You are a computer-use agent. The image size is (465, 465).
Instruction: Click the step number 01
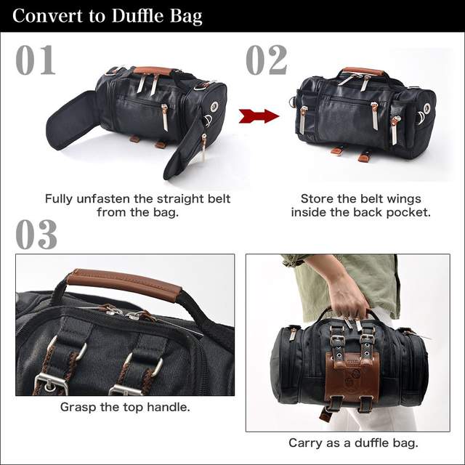point(36,60)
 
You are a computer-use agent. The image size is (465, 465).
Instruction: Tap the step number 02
point(267,60)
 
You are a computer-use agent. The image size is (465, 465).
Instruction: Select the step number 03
point(36,234)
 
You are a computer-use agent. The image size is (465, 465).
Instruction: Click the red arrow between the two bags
point(259,116)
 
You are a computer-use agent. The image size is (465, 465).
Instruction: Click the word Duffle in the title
point(138,16)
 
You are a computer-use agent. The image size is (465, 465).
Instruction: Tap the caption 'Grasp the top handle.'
point(125,407)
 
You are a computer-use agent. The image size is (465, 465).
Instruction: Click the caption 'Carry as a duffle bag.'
point(353,442)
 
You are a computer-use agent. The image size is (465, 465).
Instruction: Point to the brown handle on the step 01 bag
point(153,71)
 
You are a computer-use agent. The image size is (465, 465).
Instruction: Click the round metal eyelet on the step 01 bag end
point(214,106)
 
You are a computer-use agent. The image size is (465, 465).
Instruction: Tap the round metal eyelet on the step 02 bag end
point(426,108)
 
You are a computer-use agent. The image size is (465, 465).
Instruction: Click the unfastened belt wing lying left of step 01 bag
point(74,119)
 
